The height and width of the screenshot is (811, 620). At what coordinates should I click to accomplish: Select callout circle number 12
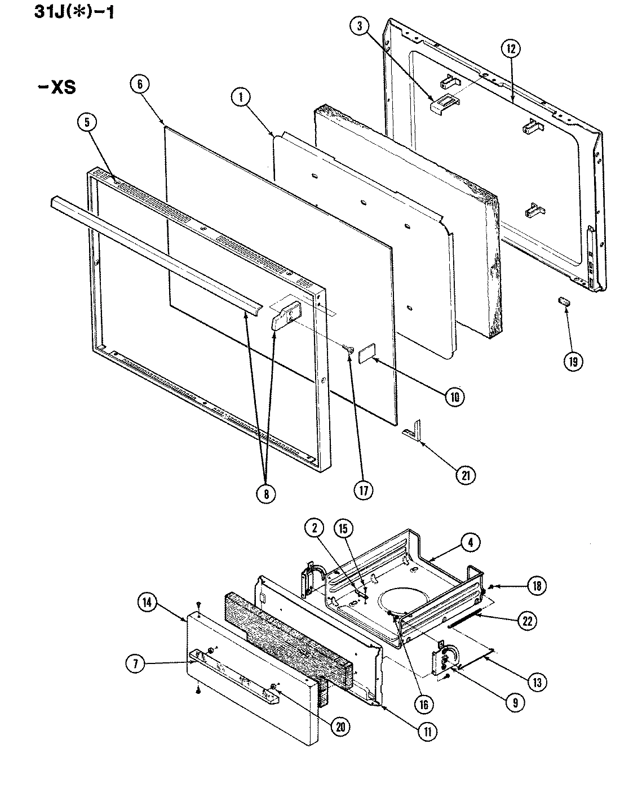[x=510, y=49]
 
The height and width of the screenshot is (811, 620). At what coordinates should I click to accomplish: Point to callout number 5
[x=88, y=123]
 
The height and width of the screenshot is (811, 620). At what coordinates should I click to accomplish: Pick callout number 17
[x=364, y=490]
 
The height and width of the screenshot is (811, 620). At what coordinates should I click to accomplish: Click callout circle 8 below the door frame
[x=266, y=493]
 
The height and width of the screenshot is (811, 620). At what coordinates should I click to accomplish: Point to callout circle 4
[x=470, y=542]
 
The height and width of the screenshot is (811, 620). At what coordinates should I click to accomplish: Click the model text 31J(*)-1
[x=67, y=12]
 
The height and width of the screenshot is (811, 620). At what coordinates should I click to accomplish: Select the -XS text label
[x=55, y=88]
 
